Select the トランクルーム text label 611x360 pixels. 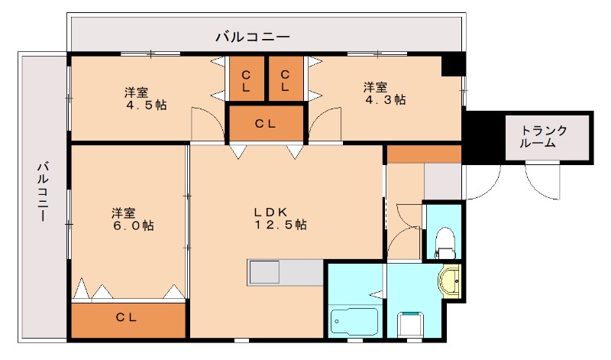(545, 136)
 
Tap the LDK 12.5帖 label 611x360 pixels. (280, 219)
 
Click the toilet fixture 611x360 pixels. (443, 243)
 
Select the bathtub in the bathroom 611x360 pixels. (354, 321)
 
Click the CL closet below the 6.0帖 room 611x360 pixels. (128, 319)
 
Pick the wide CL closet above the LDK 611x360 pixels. (266, 123)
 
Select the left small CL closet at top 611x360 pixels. (247, 79)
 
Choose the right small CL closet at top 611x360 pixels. (285, 79)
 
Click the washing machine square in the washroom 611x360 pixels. (412, 325)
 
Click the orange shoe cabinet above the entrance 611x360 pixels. (424, 153)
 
